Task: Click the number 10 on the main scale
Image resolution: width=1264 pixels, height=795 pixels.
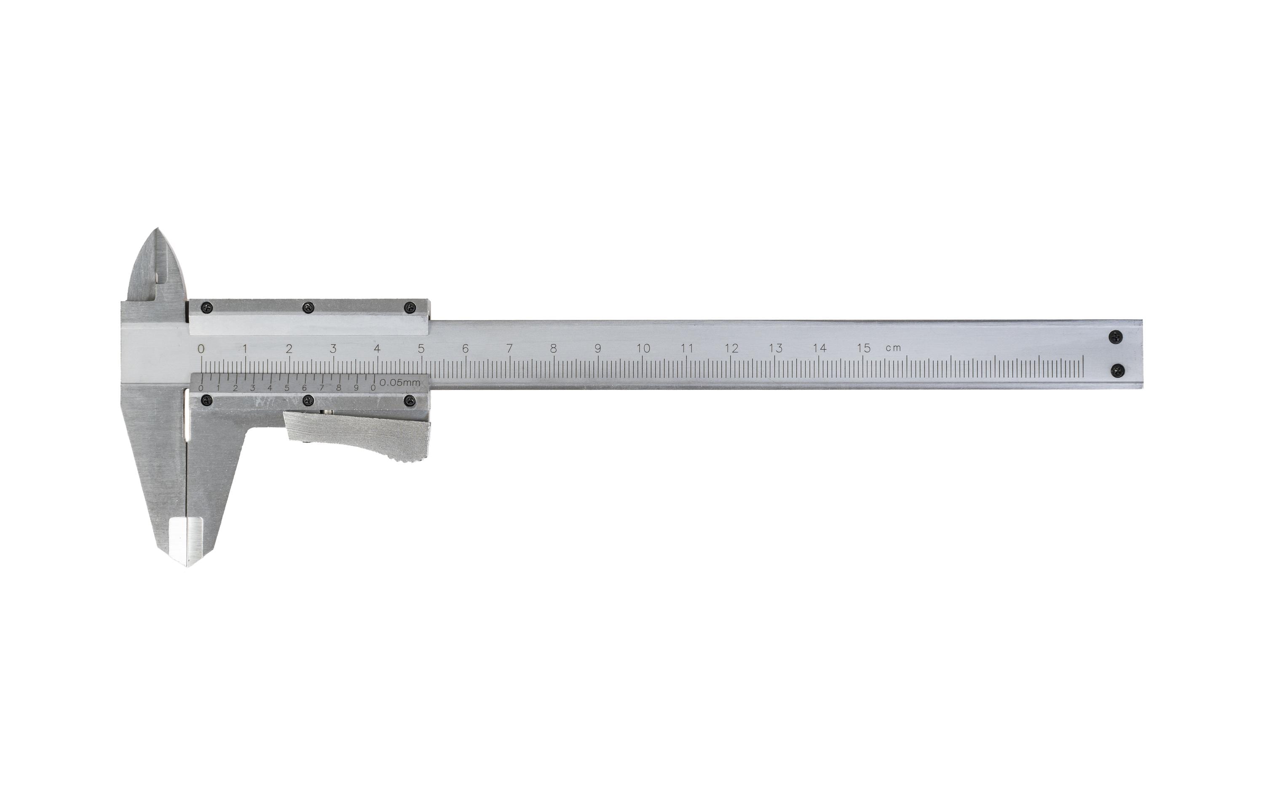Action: point(643,348)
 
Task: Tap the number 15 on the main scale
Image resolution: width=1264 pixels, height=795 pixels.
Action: point(863,348)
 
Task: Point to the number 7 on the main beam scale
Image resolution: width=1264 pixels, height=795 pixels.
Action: point(509,348)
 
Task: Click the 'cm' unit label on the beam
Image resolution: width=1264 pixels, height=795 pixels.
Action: point(893,348)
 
